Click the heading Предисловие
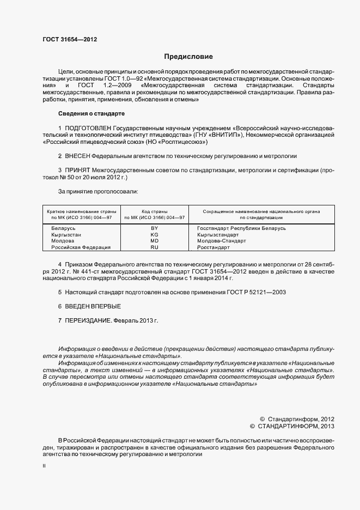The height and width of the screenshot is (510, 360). (x=189, y=57)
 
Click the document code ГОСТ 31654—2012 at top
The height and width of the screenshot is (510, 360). (x=70, y=39)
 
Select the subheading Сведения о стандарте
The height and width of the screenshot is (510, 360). (x=91, y=113)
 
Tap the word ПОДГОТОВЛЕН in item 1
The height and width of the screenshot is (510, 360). (x=89, y=127)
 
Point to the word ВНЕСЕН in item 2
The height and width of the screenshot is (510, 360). (x=78, y=156)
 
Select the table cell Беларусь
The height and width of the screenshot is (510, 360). (x=63, y=228)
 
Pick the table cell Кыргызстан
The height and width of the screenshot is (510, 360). (x=66, y=234)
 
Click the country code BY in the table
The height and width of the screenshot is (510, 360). (x=154, y=228)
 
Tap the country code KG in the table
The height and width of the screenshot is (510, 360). (x=154, y=234)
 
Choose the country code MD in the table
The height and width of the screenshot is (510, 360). (x=154, y=240)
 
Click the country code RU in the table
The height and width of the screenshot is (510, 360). (x=154, y=247)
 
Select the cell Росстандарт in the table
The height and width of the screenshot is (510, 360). (x=213, y=247)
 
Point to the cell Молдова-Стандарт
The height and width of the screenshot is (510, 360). (x=222, y=240)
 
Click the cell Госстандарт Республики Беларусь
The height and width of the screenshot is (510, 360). (x=241, y=228)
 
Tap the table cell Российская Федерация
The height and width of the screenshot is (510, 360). (x=81, y=247)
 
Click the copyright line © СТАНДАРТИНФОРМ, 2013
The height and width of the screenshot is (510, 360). (x=292, y=426)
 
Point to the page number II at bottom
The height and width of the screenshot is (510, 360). (x=44, y=466)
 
